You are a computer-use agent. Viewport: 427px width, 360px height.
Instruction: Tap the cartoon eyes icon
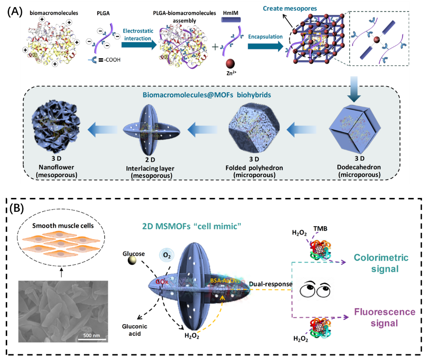[x=312, y=290]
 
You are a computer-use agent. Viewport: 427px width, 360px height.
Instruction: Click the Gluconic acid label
[x=134, y=330]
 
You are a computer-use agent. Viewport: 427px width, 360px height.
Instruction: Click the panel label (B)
[x=17, y=209]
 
